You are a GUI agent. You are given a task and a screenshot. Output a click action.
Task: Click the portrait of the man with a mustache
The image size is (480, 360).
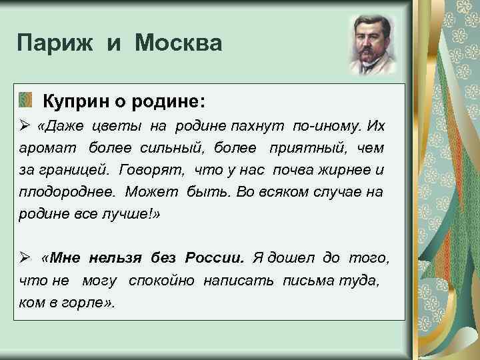(x=373, y=45)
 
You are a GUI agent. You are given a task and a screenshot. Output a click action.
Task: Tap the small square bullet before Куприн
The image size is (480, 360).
(x=25, y=101)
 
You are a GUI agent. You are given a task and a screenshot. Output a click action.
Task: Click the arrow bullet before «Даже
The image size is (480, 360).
(x=24, y=126)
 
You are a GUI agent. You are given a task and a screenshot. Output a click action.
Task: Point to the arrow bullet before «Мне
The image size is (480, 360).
(x=24, y=258)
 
